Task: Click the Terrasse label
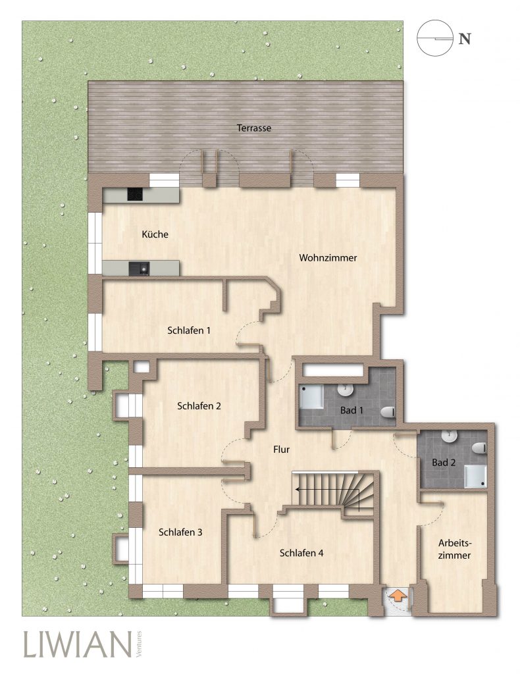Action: [253, 128]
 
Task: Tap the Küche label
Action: [155, 234]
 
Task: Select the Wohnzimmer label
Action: [328, 258]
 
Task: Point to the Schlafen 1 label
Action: [189, 330]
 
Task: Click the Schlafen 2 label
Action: [199, 405]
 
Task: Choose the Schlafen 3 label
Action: [180, 532]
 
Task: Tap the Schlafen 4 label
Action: [301, 553]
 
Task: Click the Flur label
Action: [282, 450]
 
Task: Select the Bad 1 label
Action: [351, 410]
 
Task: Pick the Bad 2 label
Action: [444, 463]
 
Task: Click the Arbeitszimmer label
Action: [454, 550]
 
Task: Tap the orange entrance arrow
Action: [398, 596]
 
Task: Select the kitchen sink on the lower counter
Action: [138, 269]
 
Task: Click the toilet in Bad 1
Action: [388, 412]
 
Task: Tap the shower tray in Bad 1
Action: [311, 396]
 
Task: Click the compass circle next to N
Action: [435, 38]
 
